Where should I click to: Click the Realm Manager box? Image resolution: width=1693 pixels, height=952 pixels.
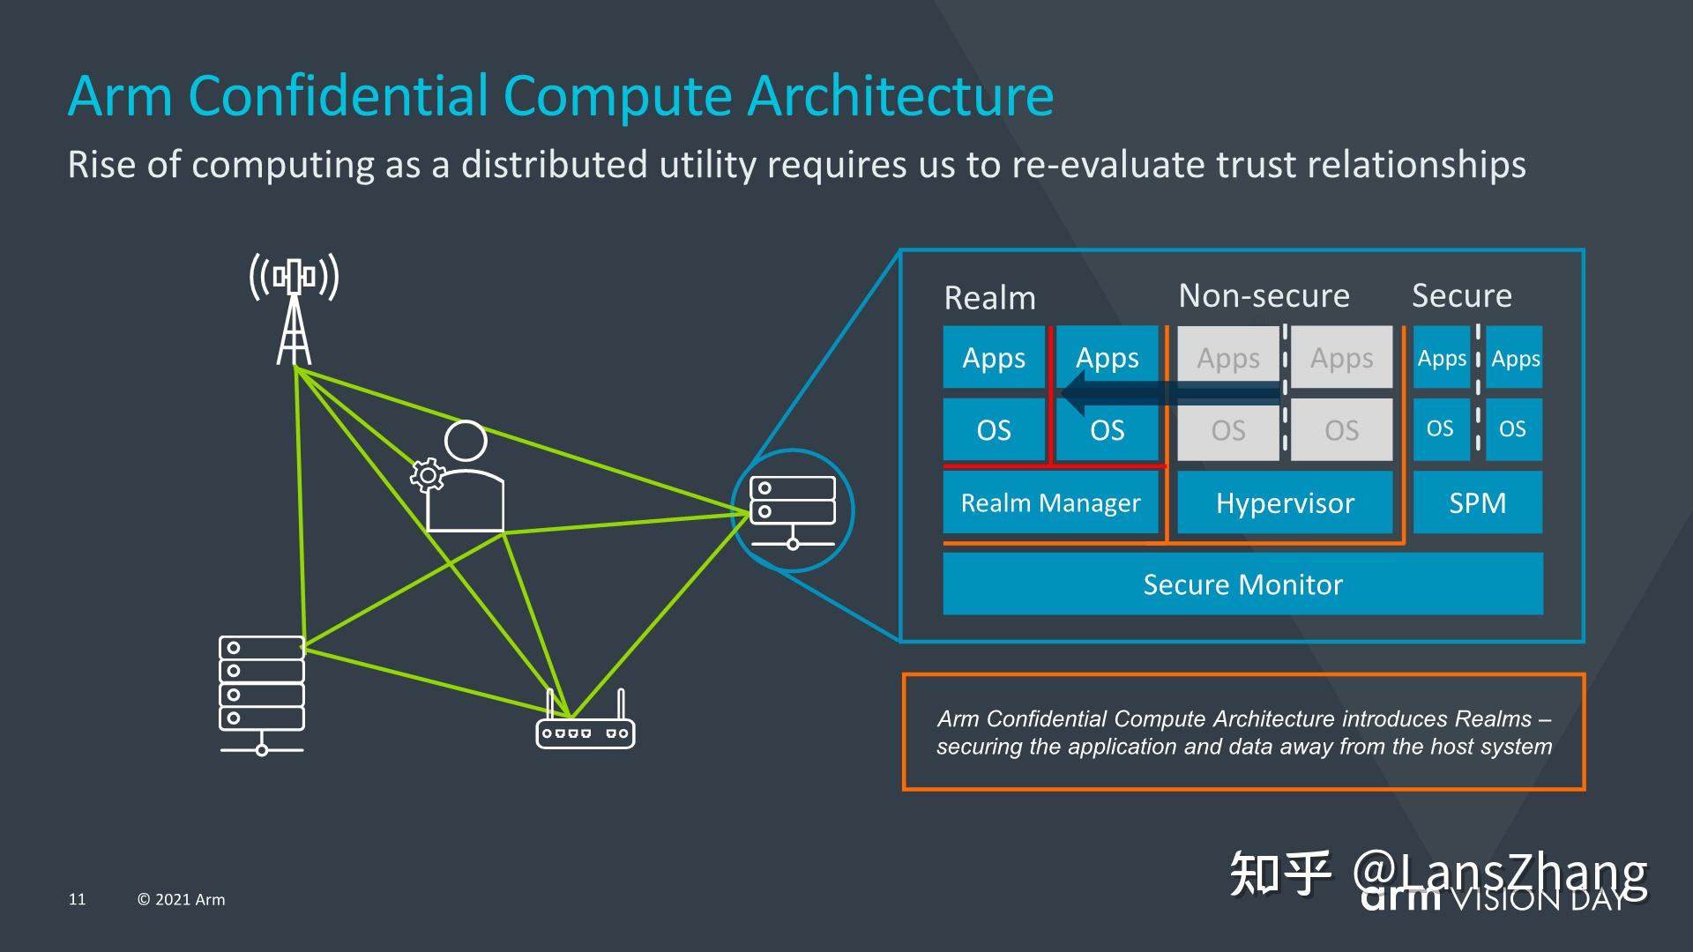[x=1050, y=502]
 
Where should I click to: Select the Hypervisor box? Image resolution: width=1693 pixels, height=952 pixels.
[x=1285, y=502]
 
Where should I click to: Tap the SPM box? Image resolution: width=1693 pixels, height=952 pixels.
[x=1478, y=502]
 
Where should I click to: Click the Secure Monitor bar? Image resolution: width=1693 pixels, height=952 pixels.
[x=1242, y=584]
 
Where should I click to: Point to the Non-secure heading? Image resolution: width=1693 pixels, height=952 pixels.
[x=1264, y=295]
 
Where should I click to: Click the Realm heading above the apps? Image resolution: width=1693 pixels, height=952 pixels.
[x=989, y=298]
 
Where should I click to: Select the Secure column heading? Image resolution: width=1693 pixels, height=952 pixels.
[x=1461, y=295]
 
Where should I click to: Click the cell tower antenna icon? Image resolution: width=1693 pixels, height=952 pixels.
[x=295, y=309]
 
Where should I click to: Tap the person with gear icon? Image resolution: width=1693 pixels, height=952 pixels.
[x=463, y=480]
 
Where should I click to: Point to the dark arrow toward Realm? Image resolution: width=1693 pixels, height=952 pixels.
[x=1164, y=393]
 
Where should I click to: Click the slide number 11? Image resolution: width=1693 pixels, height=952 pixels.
[x=78, y=899]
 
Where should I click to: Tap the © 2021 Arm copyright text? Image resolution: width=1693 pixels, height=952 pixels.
[x=181, y=899]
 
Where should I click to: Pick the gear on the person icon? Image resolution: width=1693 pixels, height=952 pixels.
[x=428, y=476]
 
